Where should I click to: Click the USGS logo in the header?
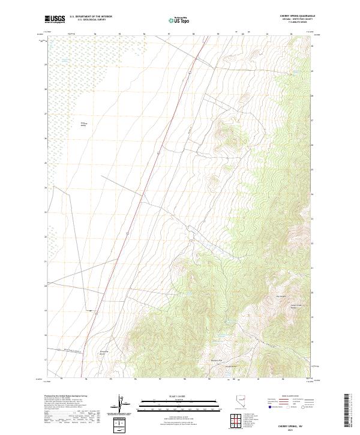(55, 19)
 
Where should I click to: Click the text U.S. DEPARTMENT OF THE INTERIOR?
(91, 17)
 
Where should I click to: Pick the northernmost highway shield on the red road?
(188, 73)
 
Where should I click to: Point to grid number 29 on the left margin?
(45, 64)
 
